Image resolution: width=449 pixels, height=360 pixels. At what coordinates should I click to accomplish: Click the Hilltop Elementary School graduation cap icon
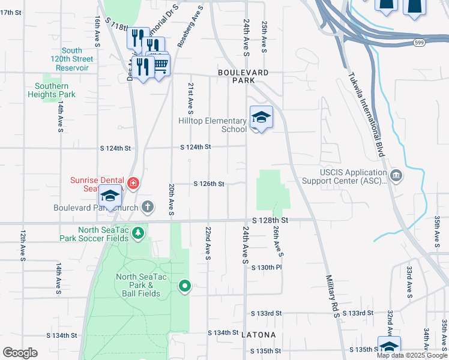(261, 117)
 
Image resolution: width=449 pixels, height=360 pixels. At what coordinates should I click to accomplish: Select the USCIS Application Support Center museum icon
(396, 175)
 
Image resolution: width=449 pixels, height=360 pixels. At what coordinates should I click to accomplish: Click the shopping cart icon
(160, 65)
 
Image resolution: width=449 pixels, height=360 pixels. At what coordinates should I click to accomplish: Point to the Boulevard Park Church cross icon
(148, 208)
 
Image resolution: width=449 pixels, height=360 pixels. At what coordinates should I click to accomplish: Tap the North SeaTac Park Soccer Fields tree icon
(139, 232)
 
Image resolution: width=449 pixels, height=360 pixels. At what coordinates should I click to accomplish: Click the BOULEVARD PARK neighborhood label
(243, 76)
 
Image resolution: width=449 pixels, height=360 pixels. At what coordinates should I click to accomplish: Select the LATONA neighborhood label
(259, 334)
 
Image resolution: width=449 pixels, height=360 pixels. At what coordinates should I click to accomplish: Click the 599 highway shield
(420, 43)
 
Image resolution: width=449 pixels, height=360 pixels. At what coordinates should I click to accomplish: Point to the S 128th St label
(270, 221)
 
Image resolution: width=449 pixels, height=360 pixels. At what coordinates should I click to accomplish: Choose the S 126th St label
(208, 184)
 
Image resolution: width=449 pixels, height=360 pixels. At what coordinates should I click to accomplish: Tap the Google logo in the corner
(20, 352)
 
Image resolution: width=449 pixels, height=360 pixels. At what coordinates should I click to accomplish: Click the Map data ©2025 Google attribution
(412, 355)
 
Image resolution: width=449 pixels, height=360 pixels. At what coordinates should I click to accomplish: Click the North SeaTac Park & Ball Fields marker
(185, 287)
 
